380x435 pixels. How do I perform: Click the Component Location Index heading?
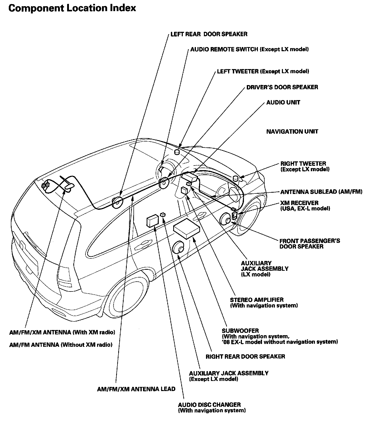[x=72, y=8]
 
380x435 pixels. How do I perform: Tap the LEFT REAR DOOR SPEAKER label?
[x=209, y=34]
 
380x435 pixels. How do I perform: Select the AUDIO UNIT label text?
[x=283, y=102]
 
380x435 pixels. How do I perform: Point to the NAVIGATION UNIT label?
[x=292, y=132]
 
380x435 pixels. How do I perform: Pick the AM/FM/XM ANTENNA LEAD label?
[x=136, y=389]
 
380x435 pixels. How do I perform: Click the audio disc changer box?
[x=152, y=221]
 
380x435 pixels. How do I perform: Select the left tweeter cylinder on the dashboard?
[x=177, y=152]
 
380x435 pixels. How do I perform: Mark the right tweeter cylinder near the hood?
[x=235, y=178]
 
